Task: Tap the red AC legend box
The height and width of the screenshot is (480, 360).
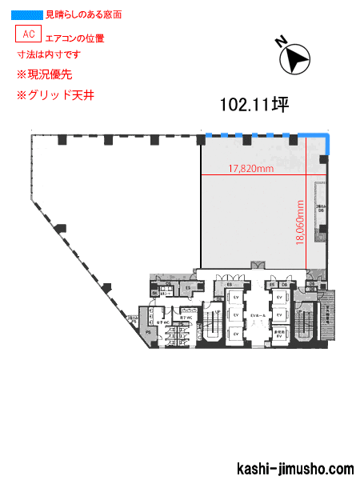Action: tap(28, 34)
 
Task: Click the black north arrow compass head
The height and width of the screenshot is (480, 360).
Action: tap(298, 59)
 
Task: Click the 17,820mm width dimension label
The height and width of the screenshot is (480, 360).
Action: tap(251, 169)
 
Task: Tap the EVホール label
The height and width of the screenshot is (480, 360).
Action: tap(258, 316)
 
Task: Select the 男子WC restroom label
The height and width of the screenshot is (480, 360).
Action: tap(184, 318)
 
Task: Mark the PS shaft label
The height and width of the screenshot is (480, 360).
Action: tap(149, 331)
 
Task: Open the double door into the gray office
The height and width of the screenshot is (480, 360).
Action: tap(258, 266)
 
